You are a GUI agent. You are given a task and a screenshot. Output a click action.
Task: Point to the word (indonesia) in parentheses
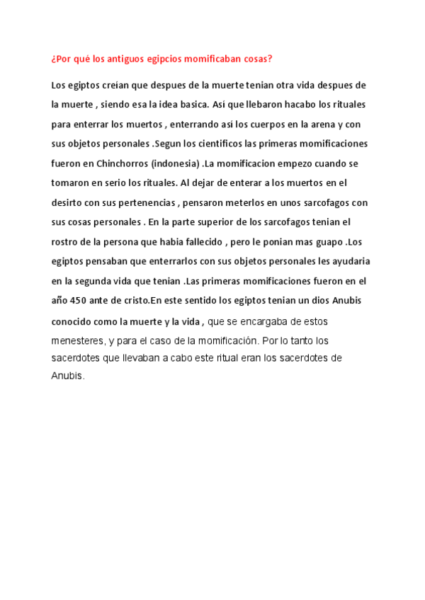(x=173, y=163)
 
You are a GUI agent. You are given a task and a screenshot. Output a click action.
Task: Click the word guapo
(x=328, y=242)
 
